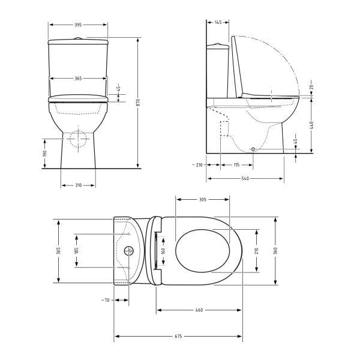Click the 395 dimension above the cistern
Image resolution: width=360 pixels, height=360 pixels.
pyautogui.click(x=78, y=25)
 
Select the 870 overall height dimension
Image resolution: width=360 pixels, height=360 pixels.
pyautogui.click(x=138, y=103)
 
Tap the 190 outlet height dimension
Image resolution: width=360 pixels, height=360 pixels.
pyautogui.click(x=45, y=154)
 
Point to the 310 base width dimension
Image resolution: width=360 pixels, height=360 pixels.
pyautogui.click(x=78, y=185)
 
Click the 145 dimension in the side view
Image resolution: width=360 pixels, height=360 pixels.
pyautogui.click(x=218, y=22)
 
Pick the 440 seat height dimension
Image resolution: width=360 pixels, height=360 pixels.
pyautogui.click(x=311, y=125)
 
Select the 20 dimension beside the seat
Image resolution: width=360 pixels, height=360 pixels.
pyautogui.click(x=311, y=87)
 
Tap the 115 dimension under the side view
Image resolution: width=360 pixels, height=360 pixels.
pyautogui.click(x=236, y=165)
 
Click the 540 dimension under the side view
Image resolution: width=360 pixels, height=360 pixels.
pyautogui.click(x=245, y=178)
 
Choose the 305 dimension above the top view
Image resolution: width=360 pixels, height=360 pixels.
pyautogui.click(x=203, y=200)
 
